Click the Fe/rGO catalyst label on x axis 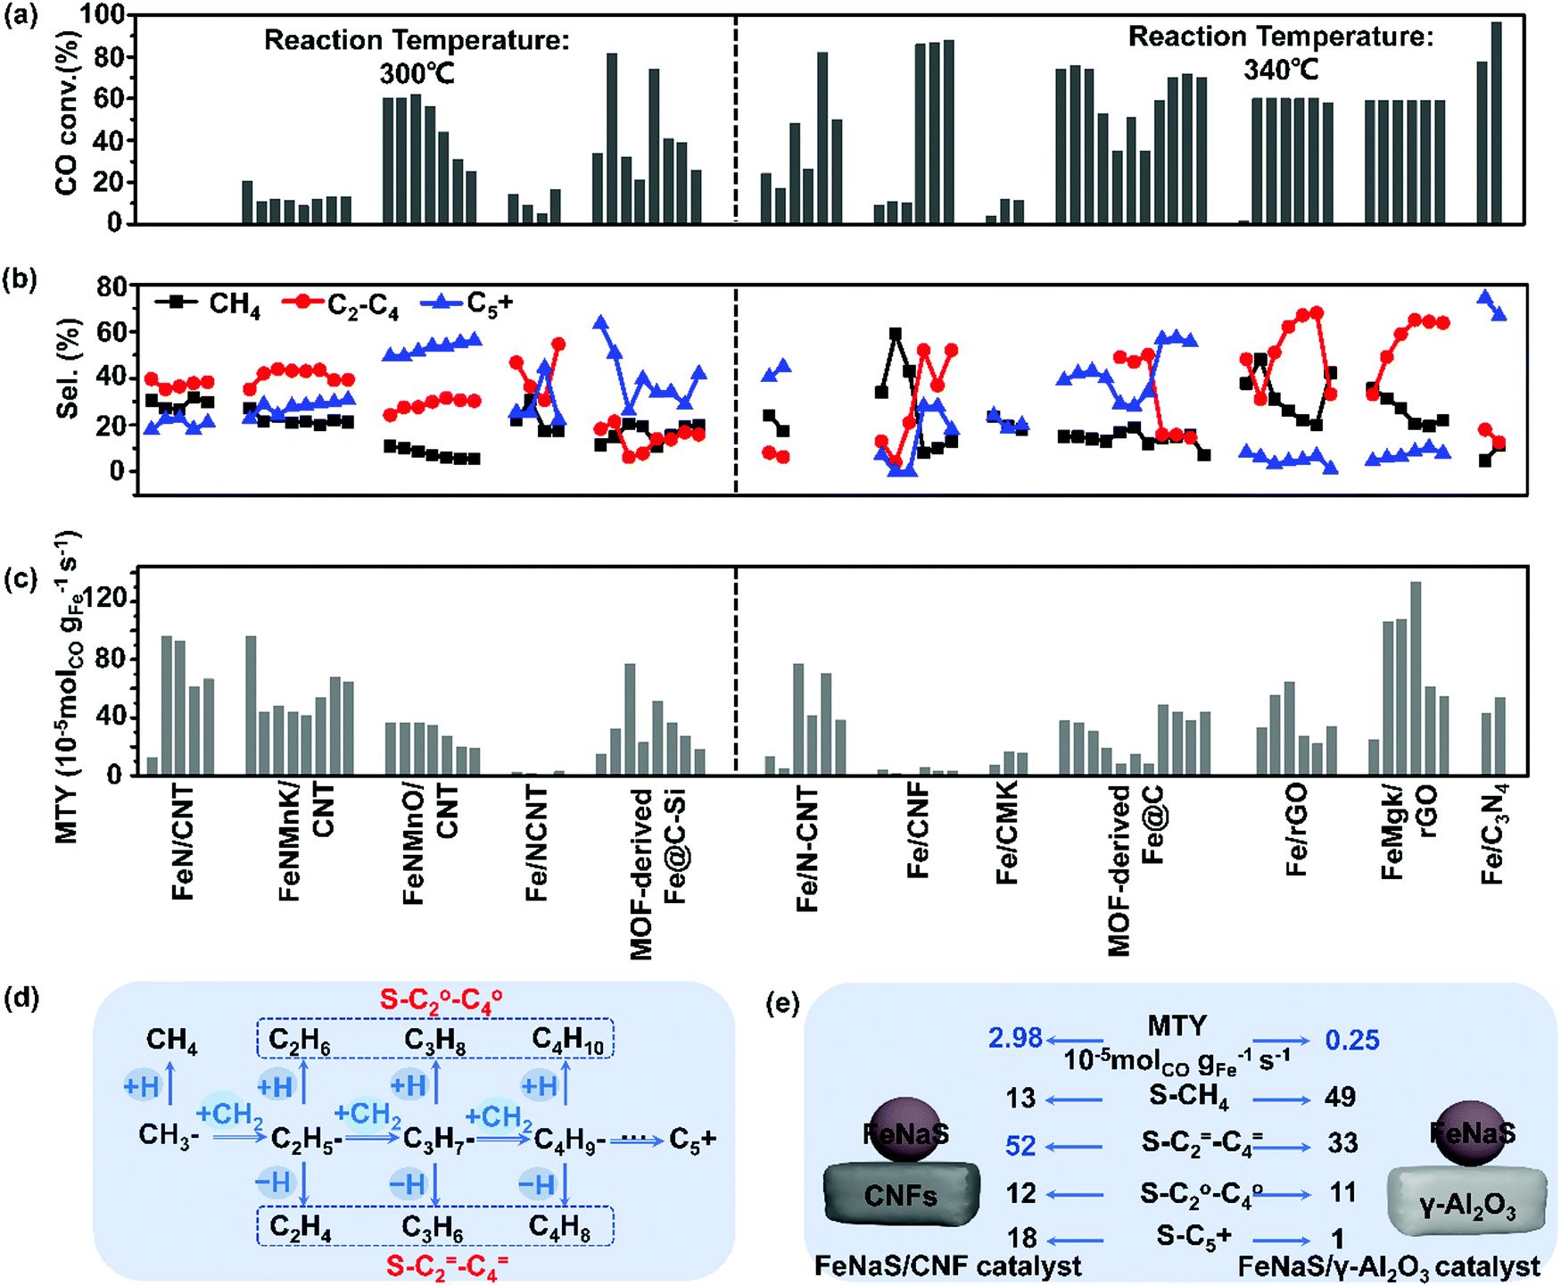(1297, 829)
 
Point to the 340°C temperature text (1281, 69)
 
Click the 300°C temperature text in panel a (417, 73)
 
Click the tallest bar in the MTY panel (1416, 678)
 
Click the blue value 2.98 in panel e (1015, 1038)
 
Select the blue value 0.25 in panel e (1351, 1040)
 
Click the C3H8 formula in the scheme (434, 1041)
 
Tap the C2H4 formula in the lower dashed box (301, 1227)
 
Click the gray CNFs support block (900, 1194)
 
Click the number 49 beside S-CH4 (1340, 1096)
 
